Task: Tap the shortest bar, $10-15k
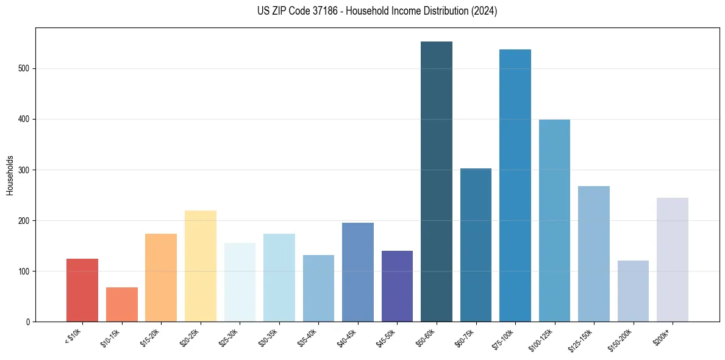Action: point(122,304)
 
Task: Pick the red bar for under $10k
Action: point(82,290)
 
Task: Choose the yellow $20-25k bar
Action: point(201,266)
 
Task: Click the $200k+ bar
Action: point(673,260)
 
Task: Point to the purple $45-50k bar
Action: point(397,286)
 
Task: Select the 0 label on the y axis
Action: point(28,322)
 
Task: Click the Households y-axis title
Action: point(10,175)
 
